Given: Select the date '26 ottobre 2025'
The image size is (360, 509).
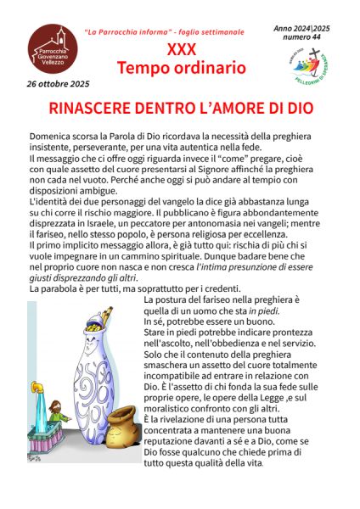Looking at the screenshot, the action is (x=56, y=84).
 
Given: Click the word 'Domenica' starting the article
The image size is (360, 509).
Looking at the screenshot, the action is (x=53, y=136).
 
